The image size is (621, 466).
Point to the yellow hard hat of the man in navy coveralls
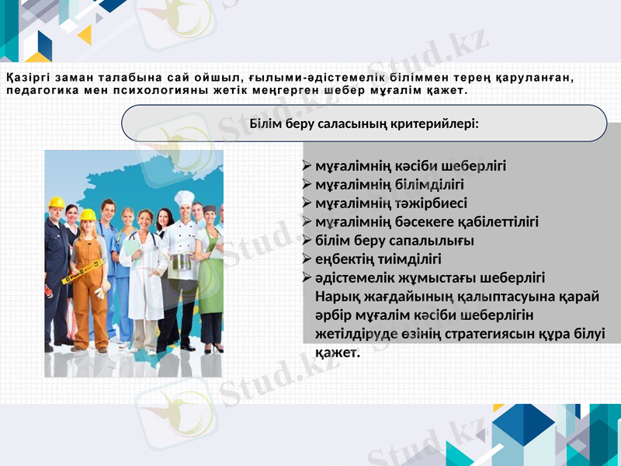57,203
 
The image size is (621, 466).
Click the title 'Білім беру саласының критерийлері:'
364,123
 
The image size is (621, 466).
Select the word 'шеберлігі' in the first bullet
473,165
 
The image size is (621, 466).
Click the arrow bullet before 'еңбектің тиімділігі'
307,259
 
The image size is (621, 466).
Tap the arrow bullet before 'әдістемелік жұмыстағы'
307,277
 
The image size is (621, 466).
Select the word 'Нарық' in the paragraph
337,296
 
